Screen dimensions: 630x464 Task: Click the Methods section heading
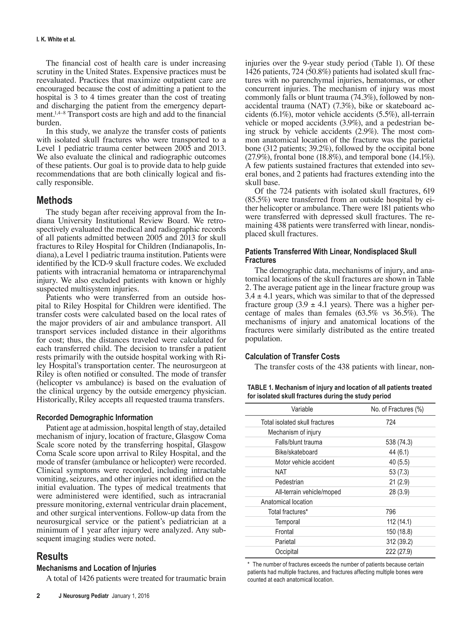[55, 200]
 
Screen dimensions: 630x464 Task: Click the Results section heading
[52, 556]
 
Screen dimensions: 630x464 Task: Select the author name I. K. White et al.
[56, 40]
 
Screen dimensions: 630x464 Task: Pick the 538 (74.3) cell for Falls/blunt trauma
[399, 442]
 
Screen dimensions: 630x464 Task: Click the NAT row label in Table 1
[281, 472]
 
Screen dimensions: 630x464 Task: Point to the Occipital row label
[287, 551]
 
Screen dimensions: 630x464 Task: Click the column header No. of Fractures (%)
[397, 409]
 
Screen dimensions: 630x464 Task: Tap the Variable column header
[302, 409]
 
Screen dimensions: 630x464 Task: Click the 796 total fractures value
[391, 512]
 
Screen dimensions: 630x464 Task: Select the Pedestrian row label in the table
[289, 482]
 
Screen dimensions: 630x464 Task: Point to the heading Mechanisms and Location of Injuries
[96, 568]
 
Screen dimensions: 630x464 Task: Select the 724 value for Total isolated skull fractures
[391, 422]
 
